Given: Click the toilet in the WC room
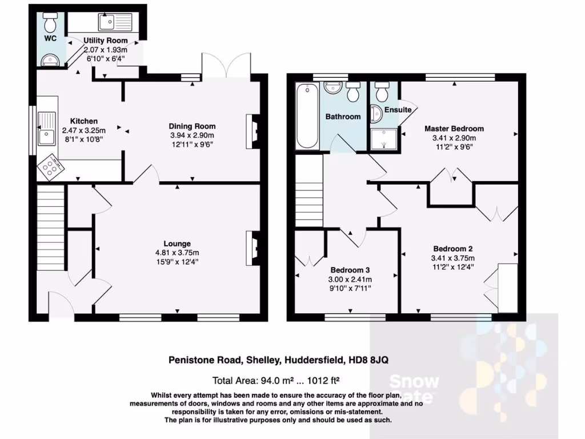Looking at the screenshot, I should click(x=50, y=23).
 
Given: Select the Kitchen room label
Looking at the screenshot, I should click(x=84, y=121).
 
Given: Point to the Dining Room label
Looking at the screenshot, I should click(x=192, y=126).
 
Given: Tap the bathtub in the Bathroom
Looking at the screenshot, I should click(x=307, y=117).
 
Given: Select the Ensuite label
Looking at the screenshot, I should click(x=398, y=110).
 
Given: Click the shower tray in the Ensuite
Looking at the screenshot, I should click(x=384, y=138).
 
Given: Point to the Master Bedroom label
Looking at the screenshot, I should click(x=454, y=129).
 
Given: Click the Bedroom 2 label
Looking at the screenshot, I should click(x=452, y=249).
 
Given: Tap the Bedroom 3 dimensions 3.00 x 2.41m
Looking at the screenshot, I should click(x=350, y=279).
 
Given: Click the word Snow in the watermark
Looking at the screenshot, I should click(x=414, y=382).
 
